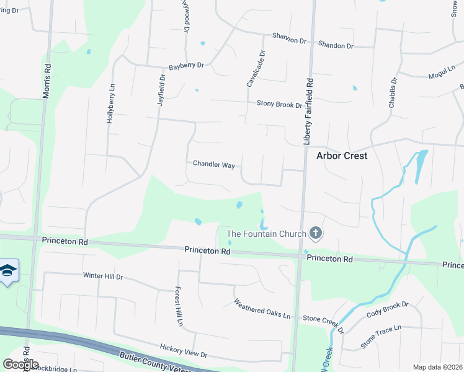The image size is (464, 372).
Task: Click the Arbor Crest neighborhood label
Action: coord(342,156)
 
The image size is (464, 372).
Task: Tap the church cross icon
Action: coord(316,233)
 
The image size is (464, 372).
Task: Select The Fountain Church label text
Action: coord(267,234)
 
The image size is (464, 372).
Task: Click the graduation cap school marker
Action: coord(8,270)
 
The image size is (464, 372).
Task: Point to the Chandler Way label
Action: coord(213,164)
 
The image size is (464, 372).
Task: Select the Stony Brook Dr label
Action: coord(279,104)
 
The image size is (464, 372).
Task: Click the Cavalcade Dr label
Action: coord(256,68)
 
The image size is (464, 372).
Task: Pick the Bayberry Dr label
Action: coord(186,65)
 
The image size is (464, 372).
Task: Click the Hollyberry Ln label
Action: coord(111,104)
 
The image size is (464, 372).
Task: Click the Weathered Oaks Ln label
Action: coord(262,310)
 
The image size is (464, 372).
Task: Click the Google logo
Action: coord(20,365)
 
